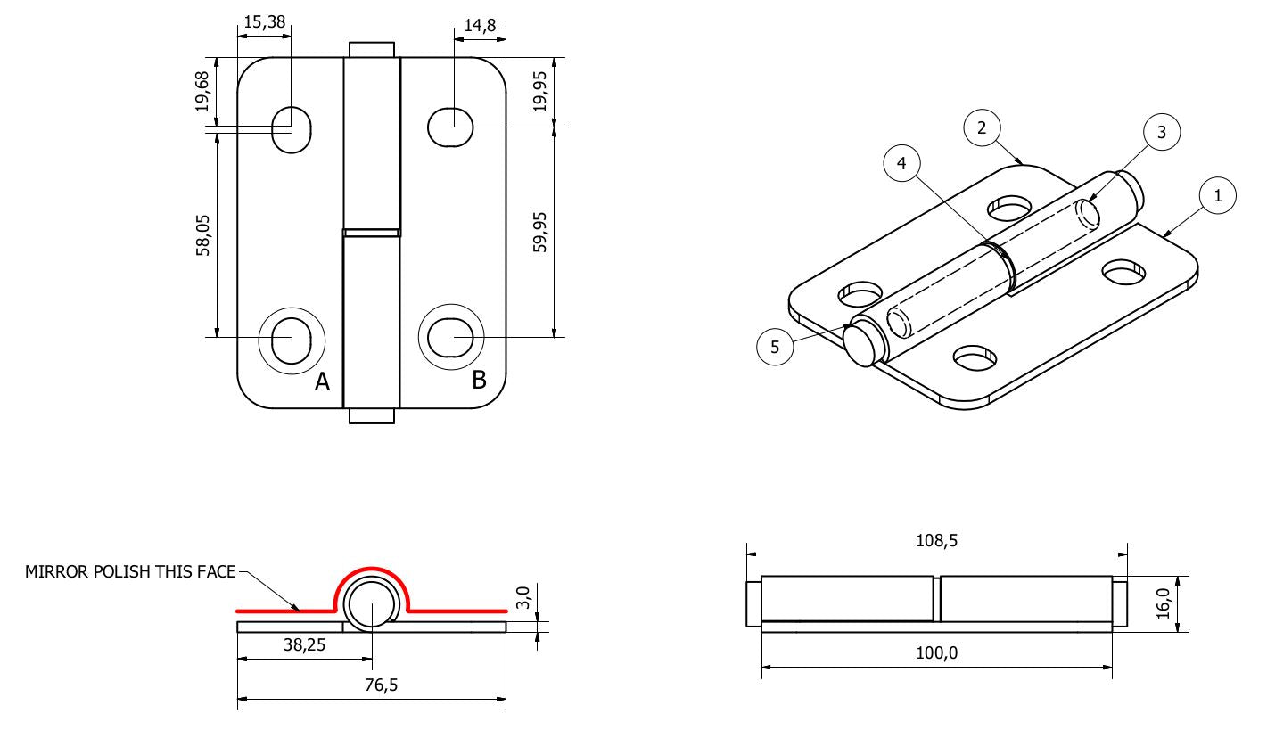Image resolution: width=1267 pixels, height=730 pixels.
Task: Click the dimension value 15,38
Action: coord(264,23)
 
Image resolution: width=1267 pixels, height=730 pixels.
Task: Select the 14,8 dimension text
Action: coord(480,26)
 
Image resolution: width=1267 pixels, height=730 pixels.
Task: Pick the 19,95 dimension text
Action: coord(539,93)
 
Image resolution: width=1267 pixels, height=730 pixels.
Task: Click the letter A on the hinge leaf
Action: coord(322,383)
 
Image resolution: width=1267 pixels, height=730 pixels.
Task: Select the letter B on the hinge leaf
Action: coord(479,380)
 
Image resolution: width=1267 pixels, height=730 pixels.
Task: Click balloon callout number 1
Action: coord(1218,196)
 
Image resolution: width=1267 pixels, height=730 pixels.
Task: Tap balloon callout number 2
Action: coord(982,128)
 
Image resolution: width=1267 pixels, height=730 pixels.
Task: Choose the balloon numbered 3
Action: coord(1161,132)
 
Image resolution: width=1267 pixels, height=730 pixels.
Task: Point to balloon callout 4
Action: coord(901,164)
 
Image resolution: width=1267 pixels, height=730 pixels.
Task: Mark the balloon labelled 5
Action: coord(775,348)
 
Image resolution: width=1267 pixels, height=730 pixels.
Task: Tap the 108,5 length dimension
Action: coord(935,540)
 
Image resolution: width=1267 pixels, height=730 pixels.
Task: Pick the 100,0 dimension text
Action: coord(937,653)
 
